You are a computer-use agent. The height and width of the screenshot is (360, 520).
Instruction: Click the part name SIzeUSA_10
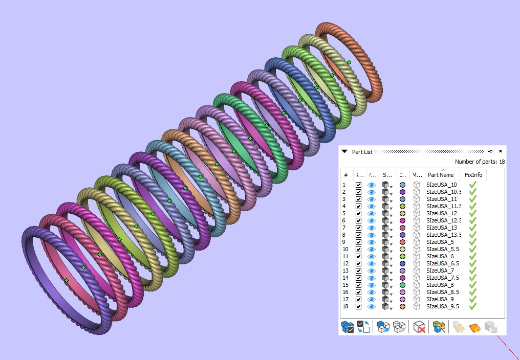(x=441, y=185)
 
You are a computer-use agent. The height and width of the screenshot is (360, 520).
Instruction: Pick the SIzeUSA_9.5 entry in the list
(x=442, y=306)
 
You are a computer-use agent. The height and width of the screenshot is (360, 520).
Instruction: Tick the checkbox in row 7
(x=358, y=228)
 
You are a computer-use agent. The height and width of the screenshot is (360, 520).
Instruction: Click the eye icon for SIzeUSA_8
(x=372, y=285)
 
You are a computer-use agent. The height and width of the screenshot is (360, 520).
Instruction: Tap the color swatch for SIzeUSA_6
(x=403, y=256)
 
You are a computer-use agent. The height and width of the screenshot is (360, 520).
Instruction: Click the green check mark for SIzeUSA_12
(x=473, y=213)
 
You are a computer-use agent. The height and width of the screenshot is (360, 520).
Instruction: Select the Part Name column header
(x=441, y=175)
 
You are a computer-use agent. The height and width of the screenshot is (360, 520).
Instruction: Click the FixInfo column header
(x=473, y=175)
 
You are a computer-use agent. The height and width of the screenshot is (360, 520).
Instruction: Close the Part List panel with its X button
(x=501, y=151)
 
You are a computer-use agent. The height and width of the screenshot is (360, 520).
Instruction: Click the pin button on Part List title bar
(x=490, y=151)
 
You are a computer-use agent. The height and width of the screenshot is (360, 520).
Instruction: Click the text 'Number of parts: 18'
(x=480, y=162)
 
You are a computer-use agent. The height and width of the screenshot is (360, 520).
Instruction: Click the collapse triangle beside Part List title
(x=344, y=151)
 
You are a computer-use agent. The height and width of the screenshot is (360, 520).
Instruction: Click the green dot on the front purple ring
(x=67, y=280)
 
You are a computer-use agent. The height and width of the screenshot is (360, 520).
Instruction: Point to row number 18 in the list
(x=345, y=306)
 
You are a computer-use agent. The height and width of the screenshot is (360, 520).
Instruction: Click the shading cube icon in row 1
(x=386, y=185)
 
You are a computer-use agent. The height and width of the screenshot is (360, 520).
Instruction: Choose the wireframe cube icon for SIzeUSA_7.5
(x=417, y=278)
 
